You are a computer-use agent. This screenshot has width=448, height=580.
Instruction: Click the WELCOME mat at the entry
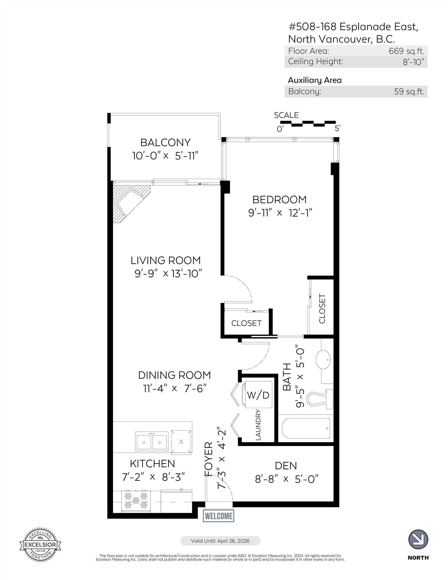coord(218,516)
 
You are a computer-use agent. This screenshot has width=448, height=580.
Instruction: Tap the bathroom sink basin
coord(323,359)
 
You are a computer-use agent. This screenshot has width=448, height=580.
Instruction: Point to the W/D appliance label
coord(258,395)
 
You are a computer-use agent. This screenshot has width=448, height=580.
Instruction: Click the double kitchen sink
coord(152,441)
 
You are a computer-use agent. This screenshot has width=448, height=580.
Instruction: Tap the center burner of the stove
coord(136,500)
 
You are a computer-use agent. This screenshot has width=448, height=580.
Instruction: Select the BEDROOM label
coord(279,199)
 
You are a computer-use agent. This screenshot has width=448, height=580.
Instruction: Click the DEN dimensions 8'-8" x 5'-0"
coord(286,479)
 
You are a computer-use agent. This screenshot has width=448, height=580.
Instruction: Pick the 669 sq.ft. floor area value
coord(406,51)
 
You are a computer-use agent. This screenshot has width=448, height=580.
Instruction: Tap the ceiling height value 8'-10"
coord(413,62)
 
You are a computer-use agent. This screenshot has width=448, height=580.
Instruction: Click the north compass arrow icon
coord(418,539)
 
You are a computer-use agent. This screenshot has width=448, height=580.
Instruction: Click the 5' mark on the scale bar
coord(337,129)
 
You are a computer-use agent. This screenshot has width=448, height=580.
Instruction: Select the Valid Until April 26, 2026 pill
coord(220,541)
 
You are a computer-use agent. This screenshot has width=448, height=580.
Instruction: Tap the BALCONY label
coord(165,143)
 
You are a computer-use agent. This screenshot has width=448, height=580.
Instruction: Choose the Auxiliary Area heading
coord(315,80)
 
